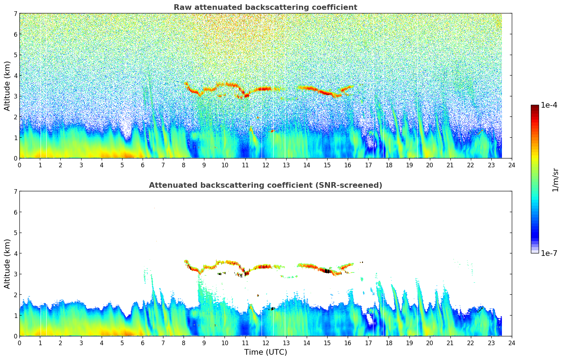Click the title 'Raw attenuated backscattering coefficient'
tap(265, 7)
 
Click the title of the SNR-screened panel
tap(265, 185)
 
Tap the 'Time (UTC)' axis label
tap(265, 352)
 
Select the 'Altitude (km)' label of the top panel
tap(7, 86)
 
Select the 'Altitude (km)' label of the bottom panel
tap(7, 264)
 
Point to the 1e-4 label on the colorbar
tap(549, 105)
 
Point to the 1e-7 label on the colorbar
tap(549, 253)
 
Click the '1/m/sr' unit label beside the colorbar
tap(555, 180)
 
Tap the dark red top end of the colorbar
tap(534, 107)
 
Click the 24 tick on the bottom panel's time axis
tap(511, 343)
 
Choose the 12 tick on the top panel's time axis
tap(265, 165)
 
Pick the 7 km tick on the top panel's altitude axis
tap(15, 14)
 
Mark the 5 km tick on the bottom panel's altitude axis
tap(15, 233)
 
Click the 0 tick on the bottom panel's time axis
tap(19, 343)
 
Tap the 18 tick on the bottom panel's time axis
tap(389, 343)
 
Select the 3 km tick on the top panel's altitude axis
tap(15, 96)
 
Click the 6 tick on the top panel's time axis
tap(143, 165)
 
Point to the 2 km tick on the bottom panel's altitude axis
tap(15, 295)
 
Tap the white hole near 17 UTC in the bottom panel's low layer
tap(370, 320)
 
